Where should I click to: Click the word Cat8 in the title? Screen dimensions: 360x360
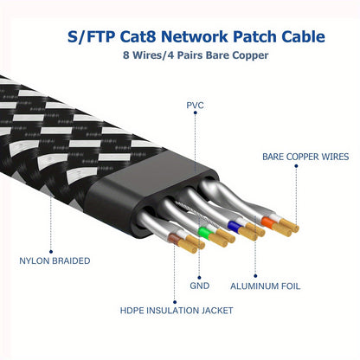click(x=162, y=37)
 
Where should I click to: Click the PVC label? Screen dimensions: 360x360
click(x=195, y=105)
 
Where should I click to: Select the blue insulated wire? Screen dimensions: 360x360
click(x=234, y=224)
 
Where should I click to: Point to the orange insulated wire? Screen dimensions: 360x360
click(x=267, y=221)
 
